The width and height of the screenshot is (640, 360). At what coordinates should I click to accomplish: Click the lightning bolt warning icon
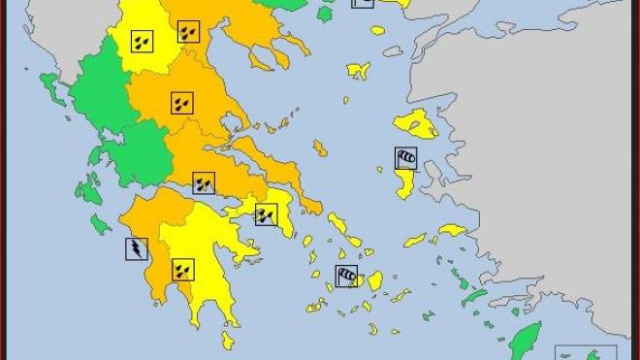[137, 248]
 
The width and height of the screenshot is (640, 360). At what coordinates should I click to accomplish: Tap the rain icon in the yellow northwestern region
[142, 42]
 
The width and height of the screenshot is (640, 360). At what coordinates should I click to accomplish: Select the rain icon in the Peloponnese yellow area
[182, 269]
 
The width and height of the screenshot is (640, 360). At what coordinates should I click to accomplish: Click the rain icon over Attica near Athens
[266, 214]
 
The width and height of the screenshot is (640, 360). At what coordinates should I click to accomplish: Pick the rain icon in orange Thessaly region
[181, 102]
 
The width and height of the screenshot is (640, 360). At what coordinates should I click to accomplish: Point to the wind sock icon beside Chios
[405, 157]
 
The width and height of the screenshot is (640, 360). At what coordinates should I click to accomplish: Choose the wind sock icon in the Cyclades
[346, 277]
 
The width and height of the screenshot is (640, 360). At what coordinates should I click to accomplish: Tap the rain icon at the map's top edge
[189, 31]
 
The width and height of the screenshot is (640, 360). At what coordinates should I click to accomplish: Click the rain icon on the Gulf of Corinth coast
[204, 182]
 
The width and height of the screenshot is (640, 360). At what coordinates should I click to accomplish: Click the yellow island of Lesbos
[414, 124]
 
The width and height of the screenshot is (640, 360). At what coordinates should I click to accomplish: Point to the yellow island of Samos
[452, 231]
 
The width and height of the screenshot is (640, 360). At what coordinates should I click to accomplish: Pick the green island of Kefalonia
[94, 185]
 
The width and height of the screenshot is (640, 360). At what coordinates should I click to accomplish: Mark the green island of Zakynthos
[100, 225]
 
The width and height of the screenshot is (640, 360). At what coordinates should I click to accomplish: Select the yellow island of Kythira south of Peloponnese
[227, 340]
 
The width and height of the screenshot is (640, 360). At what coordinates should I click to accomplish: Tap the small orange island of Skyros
[319, 147]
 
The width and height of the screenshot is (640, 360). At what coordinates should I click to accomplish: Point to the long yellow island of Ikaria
[415, 240]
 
